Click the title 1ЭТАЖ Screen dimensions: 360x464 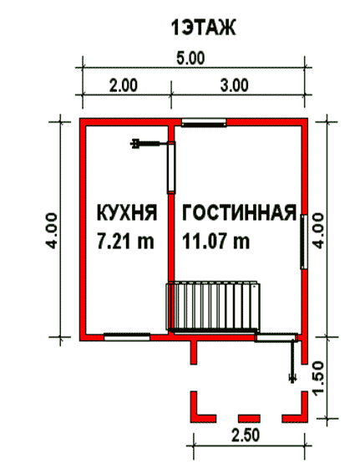pos(203,28)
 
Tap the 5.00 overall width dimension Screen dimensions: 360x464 pos(190,58)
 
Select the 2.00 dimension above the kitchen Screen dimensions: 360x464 pos(124,85)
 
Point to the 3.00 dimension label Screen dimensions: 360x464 pos(234,85)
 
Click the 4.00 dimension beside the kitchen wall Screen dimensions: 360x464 pos(51,231)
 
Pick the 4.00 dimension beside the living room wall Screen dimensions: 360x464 pos(318,231)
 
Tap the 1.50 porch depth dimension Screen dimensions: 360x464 pos(318,379)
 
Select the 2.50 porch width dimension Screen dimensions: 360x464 pos(246,436)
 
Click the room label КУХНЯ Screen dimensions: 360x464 pos(127,212)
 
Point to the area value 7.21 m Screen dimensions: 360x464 pos(125,240)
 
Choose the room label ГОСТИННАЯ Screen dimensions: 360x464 pos(239,212)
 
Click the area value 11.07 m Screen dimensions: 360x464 pos(215,240)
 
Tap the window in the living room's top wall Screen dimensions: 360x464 pos(204,123)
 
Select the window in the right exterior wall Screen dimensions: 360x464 pos(304,242)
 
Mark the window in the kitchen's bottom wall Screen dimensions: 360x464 pos(127,337)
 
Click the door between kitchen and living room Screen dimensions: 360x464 pos(171,167)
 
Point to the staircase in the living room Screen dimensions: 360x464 pos(213,307)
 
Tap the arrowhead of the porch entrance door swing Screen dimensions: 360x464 pos(292,380)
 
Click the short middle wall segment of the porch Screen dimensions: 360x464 pos(249,418)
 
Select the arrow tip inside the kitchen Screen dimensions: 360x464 pos(133,144)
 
